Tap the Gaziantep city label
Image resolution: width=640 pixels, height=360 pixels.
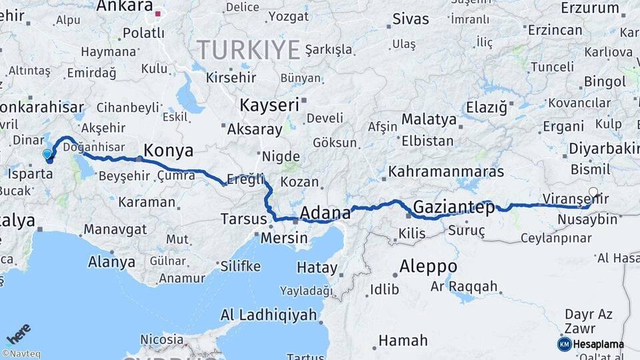coord(454,207)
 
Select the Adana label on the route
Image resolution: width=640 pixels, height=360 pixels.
coord(325,213)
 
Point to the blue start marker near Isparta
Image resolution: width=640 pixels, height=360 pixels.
coord(47,155)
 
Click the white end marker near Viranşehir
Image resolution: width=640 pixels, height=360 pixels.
coord(593,191)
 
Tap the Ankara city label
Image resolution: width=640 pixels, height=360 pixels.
coord(124,7)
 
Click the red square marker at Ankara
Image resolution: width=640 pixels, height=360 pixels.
coord(158,12)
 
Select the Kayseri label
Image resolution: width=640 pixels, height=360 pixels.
coord(269,105)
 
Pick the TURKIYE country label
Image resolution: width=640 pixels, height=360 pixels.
coord(248,49)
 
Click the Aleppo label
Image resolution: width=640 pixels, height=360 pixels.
coord(428,267)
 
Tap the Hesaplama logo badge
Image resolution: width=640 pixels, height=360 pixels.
coord(591,344)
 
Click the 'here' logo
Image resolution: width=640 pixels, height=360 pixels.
coord(18,332)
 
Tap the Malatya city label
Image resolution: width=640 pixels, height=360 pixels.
coord(429,120)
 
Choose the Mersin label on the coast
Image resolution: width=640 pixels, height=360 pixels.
coord(284,238)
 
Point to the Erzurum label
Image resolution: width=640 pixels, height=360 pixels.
coord(590,8)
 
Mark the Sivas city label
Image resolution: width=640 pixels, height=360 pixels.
coord(411,19)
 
